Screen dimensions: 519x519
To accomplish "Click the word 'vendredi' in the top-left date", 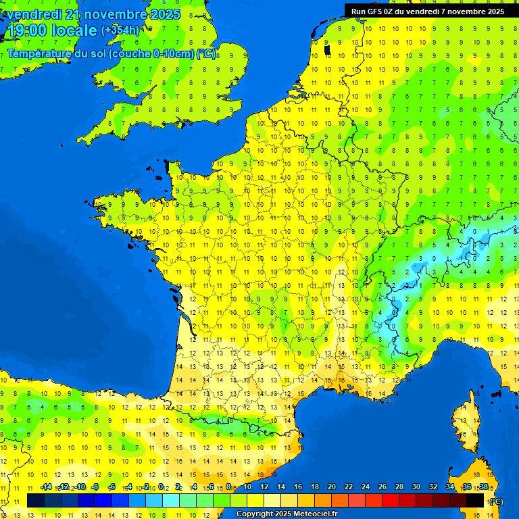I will [x=32, y=14].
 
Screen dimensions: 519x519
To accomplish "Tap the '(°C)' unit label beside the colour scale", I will [x=495, y=501].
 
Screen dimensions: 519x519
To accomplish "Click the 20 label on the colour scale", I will [x=332, y=487].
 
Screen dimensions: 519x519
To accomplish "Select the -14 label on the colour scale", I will [x=47, y=487].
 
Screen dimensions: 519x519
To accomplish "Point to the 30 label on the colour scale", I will [x=416, y=487].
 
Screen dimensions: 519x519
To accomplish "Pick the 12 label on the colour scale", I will [x=264, y=487].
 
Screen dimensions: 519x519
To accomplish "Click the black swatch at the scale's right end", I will [x=475, y=500].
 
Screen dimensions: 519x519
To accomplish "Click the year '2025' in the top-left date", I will [x=165, y=14].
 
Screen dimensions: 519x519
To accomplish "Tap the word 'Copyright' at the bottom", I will [x=254, y=514].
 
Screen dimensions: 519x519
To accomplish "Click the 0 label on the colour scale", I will [x=162, y=487].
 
